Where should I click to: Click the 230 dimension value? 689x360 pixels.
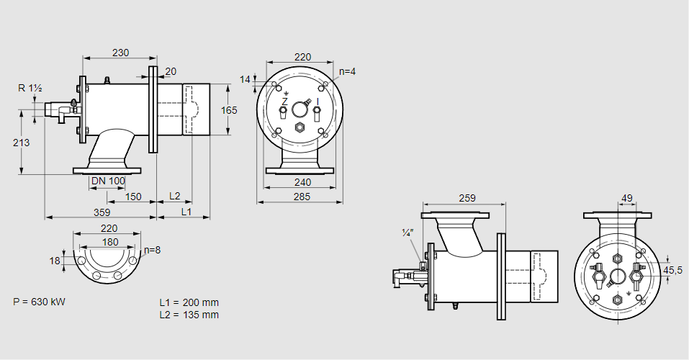point(120,52)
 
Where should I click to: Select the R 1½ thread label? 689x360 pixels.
point(30,88)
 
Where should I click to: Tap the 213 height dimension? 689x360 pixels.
point(22,143)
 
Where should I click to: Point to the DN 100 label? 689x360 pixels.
point(109,180)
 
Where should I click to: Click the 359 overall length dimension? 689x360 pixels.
point(102,212)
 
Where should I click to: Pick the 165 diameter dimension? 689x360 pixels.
point(229,110)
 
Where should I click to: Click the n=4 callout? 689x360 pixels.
point(348,71)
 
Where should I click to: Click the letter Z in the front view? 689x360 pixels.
point(284,102)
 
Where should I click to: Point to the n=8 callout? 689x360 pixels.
point(152,250)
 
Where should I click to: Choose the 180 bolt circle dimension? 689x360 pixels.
point(110,242)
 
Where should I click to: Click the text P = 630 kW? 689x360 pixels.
point(40,302)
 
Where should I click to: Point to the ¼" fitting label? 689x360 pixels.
point(407,232)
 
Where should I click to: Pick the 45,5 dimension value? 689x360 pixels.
point(673,270)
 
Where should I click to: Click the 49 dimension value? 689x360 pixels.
point(626,197)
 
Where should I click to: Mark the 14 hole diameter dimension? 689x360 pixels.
point(246,79)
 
